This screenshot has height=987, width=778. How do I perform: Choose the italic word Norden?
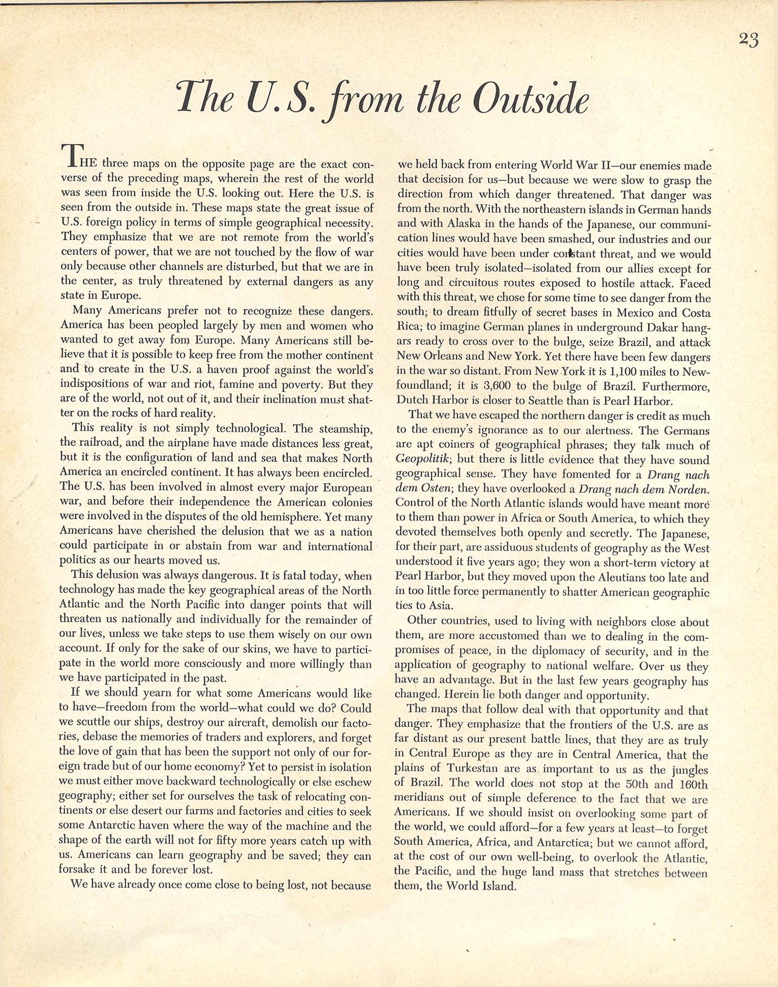[x=689, y=490]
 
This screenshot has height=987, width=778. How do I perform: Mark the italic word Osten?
[x=438, y=490]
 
